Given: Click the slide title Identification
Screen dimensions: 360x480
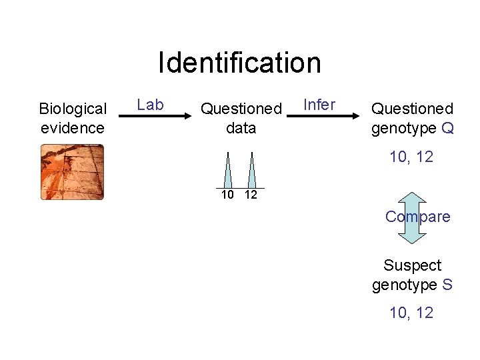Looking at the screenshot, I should click(239, 63).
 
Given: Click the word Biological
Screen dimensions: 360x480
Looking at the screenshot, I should click(73, 109).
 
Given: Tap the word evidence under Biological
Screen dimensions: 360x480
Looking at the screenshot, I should click(73, 127).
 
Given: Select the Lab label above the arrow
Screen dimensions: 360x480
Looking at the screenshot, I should click(150, 105).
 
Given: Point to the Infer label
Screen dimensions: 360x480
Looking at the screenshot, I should click(319, 105).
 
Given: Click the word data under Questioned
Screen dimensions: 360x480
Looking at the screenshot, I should click(241, 127).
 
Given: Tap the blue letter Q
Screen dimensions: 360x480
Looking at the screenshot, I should click(447, 127).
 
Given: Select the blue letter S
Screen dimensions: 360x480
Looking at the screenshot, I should click(447, 285).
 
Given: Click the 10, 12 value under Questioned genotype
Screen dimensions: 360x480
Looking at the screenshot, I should click(411, 157).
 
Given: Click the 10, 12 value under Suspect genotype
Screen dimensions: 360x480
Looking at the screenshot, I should click(411, 313).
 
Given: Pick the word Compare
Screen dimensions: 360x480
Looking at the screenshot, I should click(417, 217).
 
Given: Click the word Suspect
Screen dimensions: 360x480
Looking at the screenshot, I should click(412, 265).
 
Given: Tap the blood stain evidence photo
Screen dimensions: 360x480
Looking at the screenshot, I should click(72, 172).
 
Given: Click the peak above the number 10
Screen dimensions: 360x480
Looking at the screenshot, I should click(228, 172).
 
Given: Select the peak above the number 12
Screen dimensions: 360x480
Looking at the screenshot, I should click(251, 172).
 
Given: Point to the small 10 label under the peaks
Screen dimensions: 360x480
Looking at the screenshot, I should click(227, 195).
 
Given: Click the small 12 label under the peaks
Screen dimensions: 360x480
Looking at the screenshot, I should click(251, 195).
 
